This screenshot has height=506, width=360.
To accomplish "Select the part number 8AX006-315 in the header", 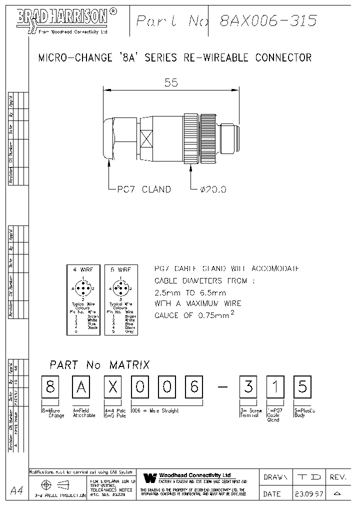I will [x=268, y=20].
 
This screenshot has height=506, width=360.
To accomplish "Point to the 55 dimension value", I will [x=171, y=82].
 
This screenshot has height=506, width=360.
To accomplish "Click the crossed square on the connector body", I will [x=146, y=138].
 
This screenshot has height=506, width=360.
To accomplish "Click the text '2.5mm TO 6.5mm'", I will [x=190, y=292].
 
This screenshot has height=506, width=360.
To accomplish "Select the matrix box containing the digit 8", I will [x=50, y=388].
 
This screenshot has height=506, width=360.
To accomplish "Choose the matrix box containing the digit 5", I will [x=302, y=388].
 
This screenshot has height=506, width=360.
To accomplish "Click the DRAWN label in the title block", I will [x=275, y=477].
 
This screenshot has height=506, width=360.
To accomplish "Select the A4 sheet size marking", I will [x=16, y=490].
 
